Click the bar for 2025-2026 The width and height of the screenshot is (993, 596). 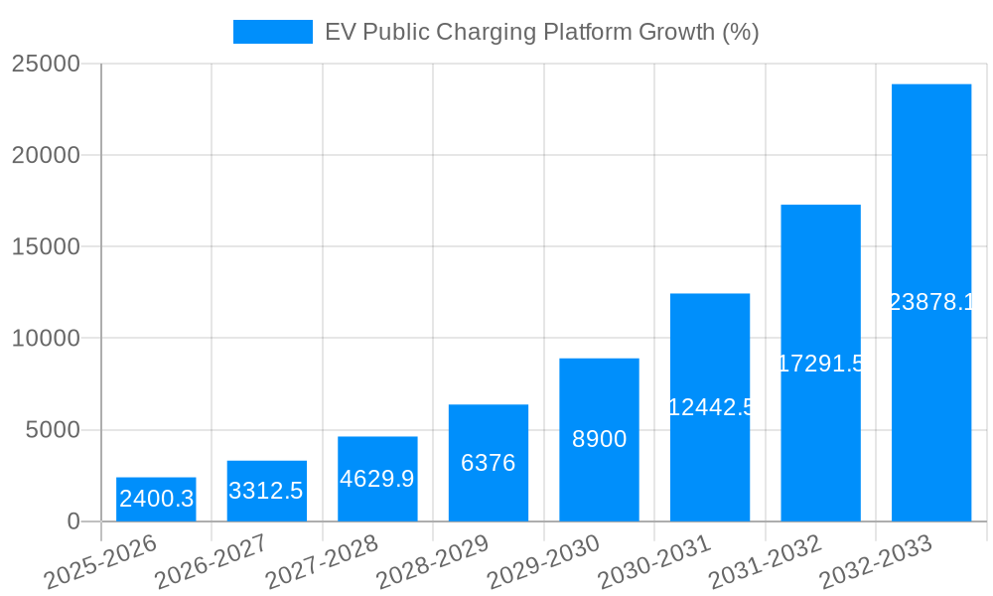pos(156,500)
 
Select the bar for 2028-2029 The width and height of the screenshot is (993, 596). pos(489,463)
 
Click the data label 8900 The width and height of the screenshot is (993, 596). pos(599,439)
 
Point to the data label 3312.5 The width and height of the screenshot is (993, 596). pos(266,491)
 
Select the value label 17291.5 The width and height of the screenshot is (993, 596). pos(820,364)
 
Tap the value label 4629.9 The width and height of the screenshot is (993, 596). pos(377,479)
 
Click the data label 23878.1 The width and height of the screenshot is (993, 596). pos(931,303)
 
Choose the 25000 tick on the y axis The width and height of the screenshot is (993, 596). pos(46,65)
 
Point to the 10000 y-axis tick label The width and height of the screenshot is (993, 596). pos(46,339)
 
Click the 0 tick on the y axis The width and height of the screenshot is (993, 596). pos(72,521)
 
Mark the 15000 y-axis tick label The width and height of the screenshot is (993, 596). pos(46,247)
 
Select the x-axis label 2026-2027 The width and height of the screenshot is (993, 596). pos(211,561)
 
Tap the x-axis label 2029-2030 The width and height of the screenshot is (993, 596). pos(543,561)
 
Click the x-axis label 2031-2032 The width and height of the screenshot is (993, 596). pos(765,561)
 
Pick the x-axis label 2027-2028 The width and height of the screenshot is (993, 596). pos(322,561)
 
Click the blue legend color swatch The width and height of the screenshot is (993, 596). pos(272,32)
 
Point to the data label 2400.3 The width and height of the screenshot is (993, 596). pos(156,499)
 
